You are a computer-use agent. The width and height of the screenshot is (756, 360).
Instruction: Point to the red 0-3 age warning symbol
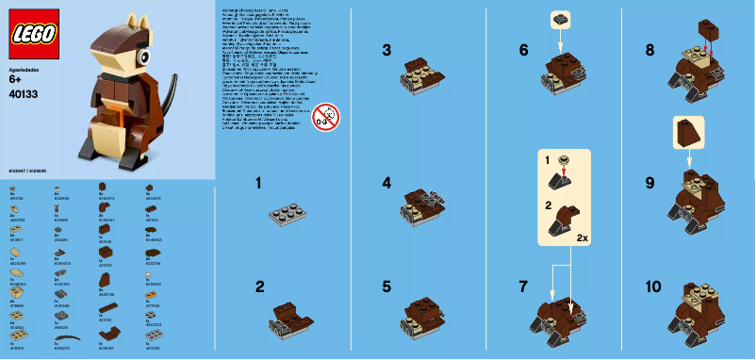325,117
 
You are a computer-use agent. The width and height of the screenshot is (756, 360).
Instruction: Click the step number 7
523,288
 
